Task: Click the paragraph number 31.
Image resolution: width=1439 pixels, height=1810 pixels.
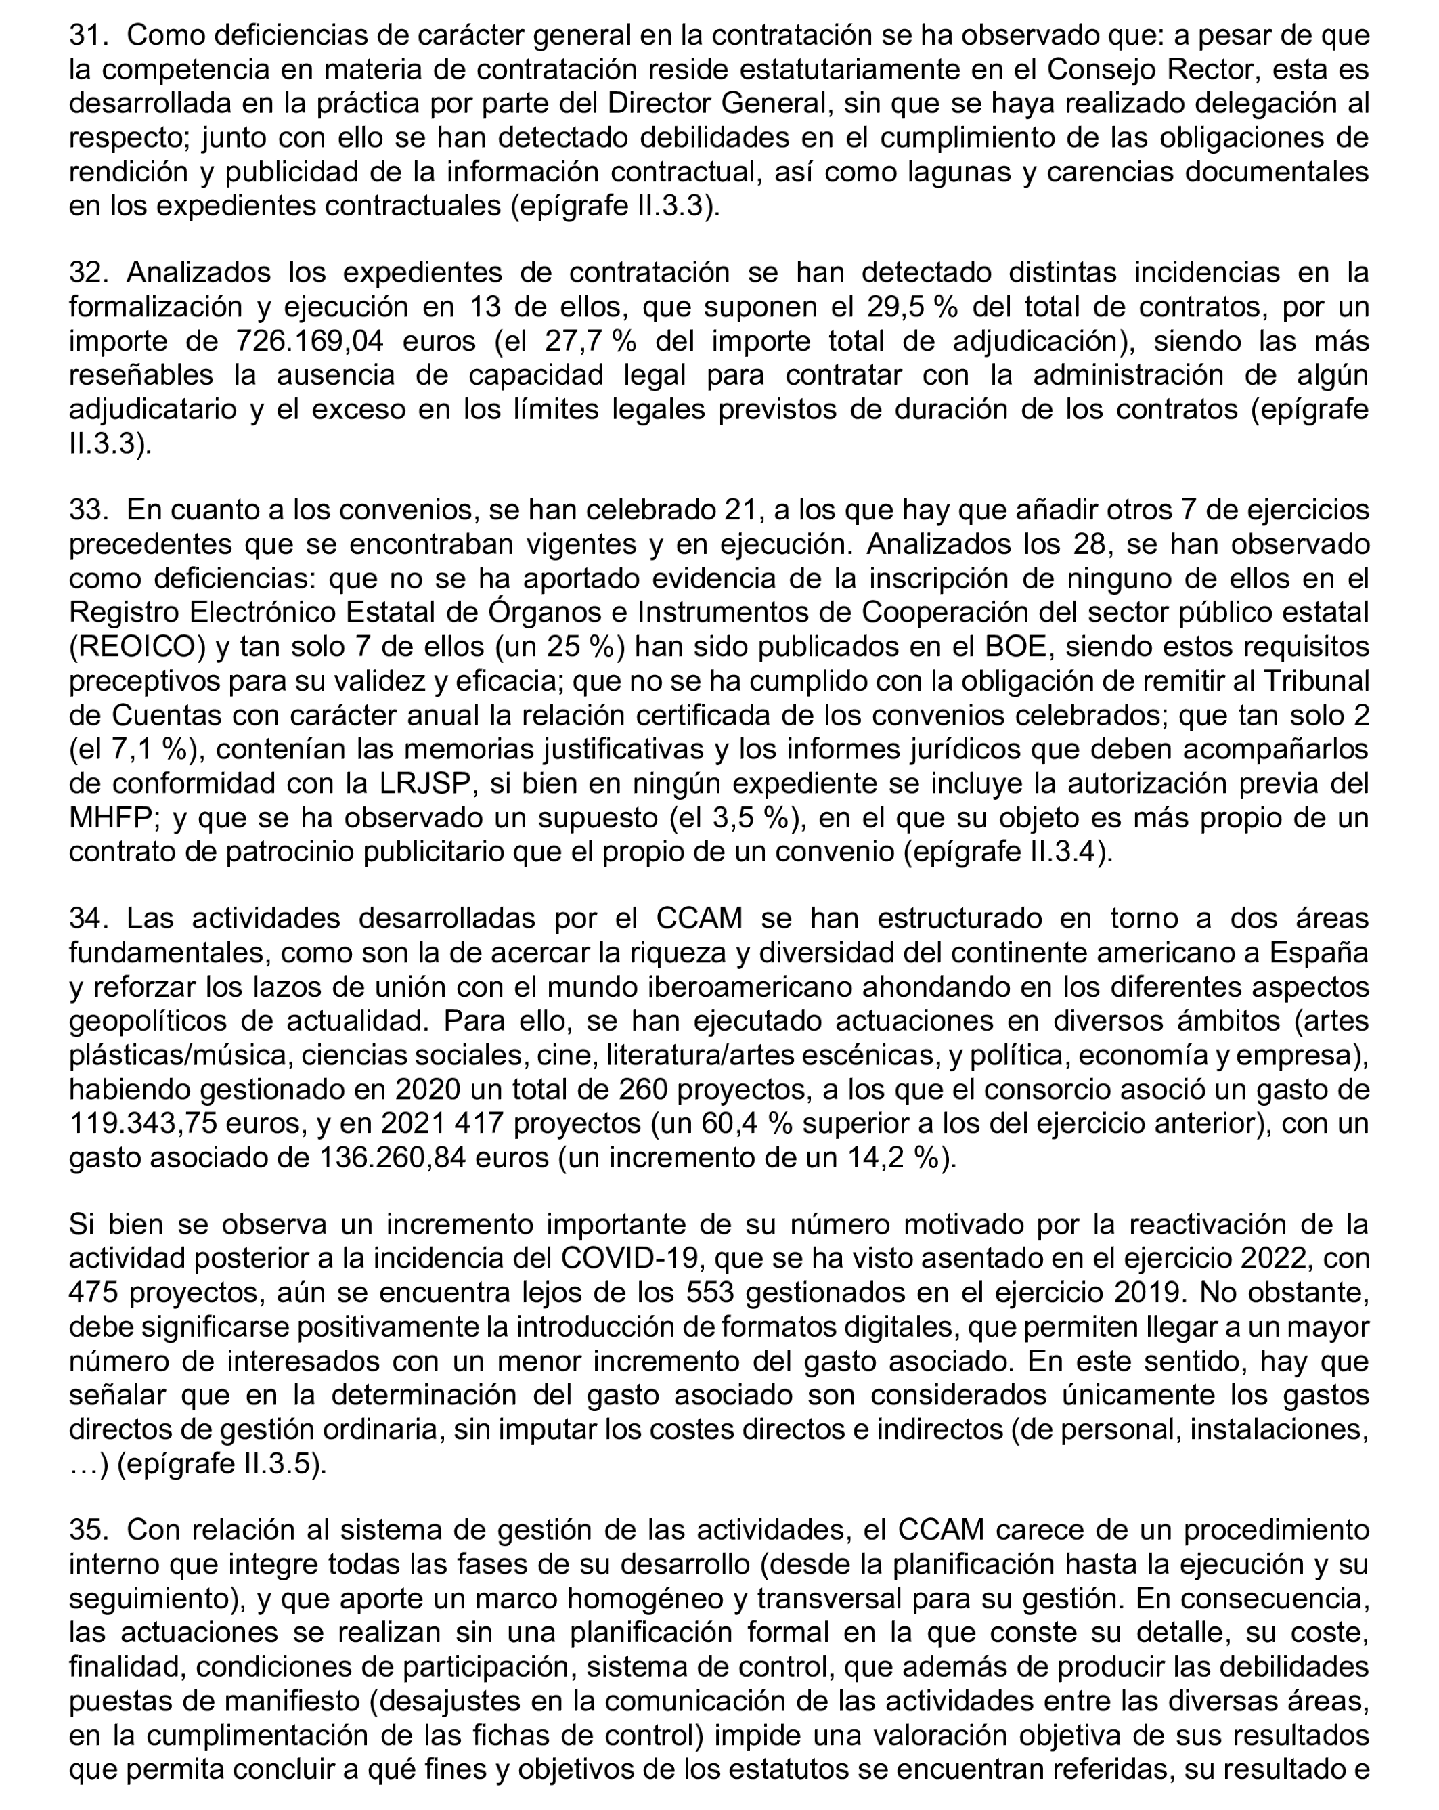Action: [88, 35]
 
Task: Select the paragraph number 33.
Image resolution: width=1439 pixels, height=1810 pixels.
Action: [88, 510]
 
